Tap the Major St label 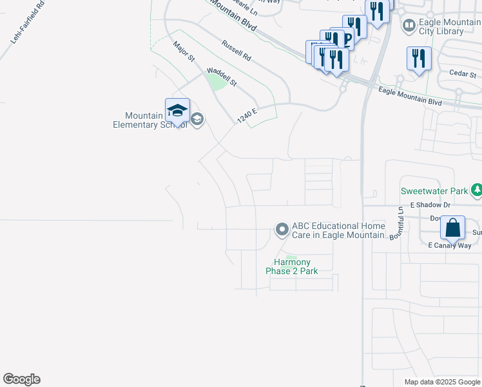[184, 52]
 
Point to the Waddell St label [222, 77]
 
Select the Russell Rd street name [236, 50]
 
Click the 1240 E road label [247, 116]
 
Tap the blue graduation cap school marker [177, 110]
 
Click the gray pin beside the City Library [409, 26]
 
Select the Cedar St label [462, 74]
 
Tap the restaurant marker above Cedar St [419, 59]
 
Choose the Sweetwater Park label [434, 191]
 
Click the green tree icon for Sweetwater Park [477, 190]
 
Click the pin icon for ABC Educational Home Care [282, 230]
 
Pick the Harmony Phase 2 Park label [292, 266]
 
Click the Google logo [22, 379]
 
